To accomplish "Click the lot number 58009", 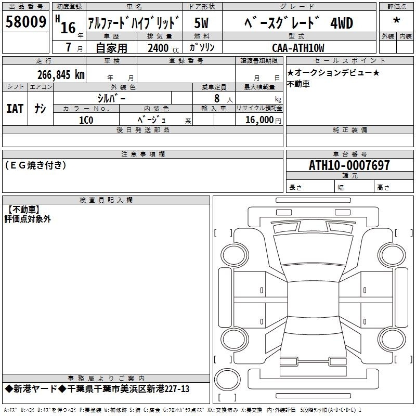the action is tap(26, 22).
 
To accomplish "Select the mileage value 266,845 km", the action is tap(61, 75).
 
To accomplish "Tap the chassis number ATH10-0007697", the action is tap(349, 165).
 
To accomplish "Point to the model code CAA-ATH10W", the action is tap(298, 48).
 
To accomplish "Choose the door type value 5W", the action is tap(201, 23).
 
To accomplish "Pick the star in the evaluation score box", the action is tap(397, 20).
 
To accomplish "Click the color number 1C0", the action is tap(86, 120).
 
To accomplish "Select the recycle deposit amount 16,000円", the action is tap(263, 120).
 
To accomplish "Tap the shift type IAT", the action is tap(15, 109).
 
